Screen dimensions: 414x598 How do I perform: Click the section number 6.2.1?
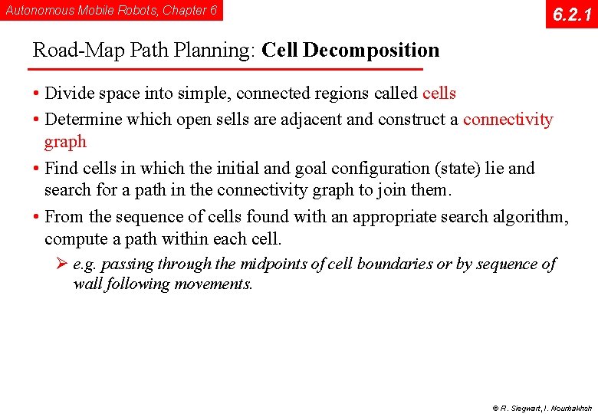coord(571,14)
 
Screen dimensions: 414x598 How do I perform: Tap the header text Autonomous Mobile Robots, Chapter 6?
coord(111,10)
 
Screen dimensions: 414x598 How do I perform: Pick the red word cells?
coord(439,94)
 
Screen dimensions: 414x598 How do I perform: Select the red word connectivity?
coord(508,120)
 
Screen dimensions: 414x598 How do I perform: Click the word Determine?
coord(83,120)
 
